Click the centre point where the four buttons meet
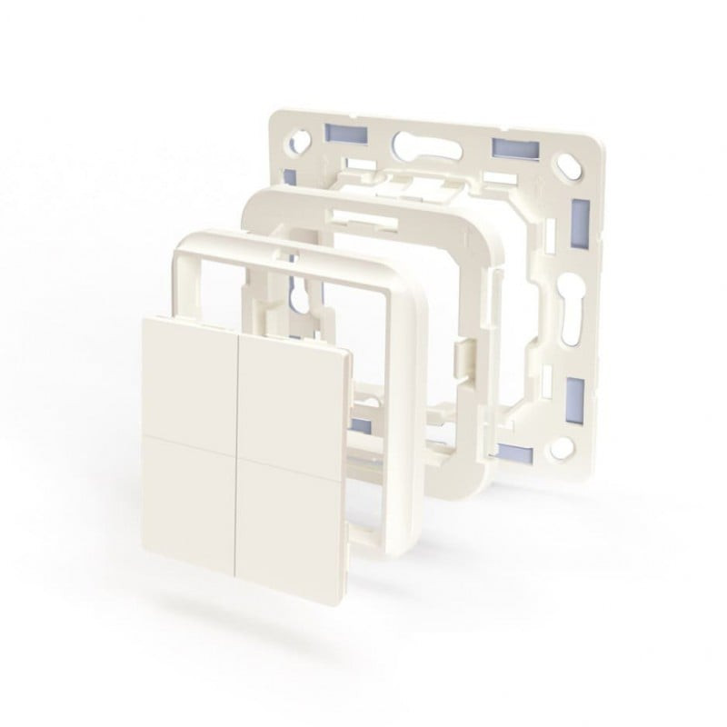click(x=239, y=439)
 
